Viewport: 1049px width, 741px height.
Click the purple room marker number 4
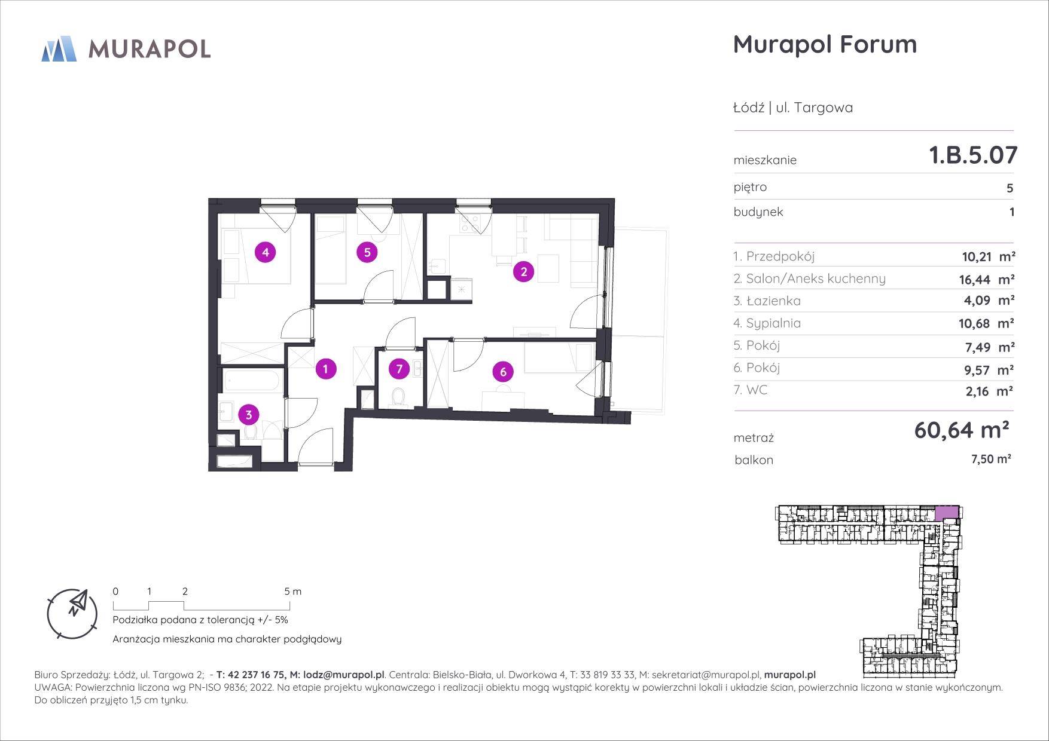[266, 252]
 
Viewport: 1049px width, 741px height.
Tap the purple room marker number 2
[524, 272]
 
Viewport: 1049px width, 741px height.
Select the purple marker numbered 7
[400, 369]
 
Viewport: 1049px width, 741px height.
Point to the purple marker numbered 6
[503, 372]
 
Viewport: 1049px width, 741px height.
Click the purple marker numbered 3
[249, 414]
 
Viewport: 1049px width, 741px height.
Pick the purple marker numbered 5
[367, 252]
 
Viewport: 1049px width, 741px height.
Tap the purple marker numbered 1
[325, 369]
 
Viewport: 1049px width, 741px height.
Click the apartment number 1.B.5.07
[973, 155]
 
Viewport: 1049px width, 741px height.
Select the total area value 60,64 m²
[962, 430]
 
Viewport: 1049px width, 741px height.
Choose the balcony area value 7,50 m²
[990, 459]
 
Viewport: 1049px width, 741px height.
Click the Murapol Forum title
[825, 44]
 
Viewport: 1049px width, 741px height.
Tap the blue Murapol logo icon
[59, 48]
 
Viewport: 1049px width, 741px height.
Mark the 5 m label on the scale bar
[293, 592]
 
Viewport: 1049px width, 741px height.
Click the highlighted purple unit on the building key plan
[947, 512]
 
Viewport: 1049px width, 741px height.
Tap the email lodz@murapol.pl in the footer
[344, 675]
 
